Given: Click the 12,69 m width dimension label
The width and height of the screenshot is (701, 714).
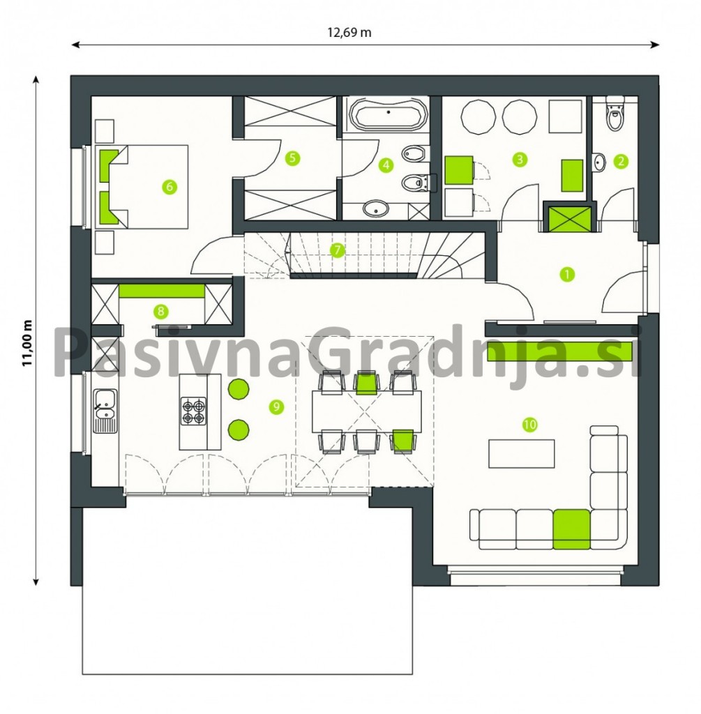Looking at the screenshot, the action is (x=349, y=32).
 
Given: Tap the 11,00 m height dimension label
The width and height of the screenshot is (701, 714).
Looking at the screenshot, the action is (x=29, y=342).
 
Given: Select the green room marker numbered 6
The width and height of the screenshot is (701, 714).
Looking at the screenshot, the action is (x=169, y=187).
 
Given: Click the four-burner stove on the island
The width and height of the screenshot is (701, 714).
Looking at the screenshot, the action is (x=194, y=411).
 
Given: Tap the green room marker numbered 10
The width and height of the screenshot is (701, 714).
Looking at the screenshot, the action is (x=529, y=425).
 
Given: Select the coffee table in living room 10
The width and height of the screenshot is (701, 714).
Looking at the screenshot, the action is (x=522, y=453).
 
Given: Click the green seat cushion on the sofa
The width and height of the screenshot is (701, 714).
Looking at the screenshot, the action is (x=572, y=529).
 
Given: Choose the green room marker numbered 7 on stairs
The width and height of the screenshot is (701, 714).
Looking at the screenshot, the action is (x=337, y=250).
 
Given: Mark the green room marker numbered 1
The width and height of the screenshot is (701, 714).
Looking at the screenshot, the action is (x=568, y=274).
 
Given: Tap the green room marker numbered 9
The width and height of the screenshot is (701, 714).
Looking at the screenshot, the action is (x=276, y=407).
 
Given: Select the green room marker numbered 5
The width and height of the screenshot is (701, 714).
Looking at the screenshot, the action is (x=292, y=158).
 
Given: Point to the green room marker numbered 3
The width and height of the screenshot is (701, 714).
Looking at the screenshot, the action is (x=519, y=160).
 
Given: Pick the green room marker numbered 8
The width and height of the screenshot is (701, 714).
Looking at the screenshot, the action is (x=160, y=312).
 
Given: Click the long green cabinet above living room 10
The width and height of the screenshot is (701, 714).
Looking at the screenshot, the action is (x=560, y=351).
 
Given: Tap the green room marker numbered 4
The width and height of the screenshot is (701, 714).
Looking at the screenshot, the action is (x=386, y=165).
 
